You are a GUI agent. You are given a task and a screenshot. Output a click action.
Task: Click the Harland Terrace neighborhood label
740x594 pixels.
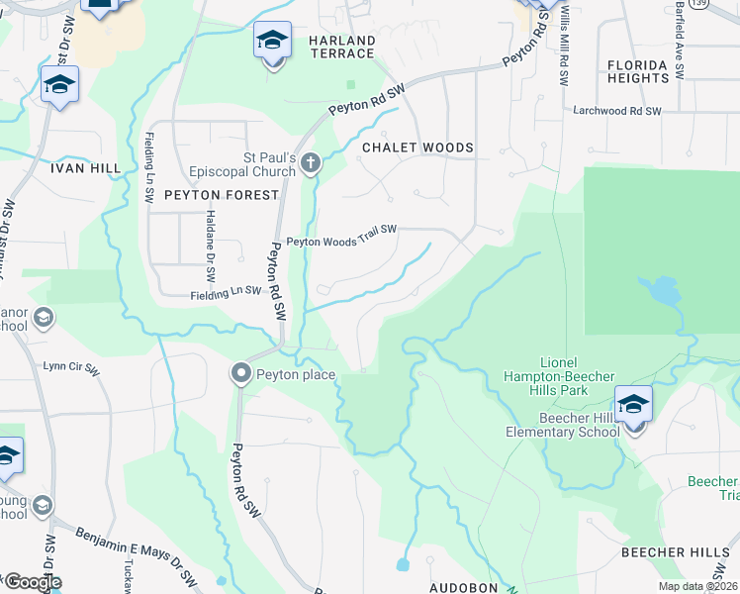tap(341, 47)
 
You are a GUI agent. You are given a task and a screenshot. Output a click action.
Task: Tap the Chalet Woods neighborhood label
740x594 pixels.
tap(417, 148)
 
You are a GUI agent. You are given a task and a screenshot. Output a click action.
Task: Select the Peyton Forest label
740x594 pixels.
tap(222, 195)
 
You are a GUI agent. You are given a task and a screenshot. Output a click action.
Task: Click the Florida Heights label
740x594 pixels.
tap(638, 71)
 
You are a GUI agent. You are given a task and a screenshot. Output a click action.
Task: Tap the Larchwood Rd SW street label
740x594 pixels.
tap(616, 112)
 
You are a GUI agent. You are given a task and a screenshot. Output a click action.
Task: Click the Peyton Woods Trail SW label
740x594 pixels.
tap(341, 237)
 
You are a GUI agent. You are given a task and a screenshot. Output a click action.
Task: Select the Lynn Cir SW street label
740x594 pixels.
tap(71, 366)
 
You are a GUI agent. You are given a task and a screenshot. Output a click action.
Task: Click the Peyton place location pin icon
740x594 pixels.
tap(240, 374)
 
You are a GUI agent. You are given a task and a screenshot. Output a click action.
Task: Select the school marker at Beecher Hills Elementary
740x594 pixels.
tap(633, 406)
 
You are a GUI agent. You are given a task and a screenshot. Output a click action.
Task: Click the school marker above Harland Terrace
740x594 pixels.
tap(272, 42)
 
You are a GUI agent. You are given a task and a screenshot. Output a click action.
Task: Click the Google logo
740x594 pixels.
tap(33, 582)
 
